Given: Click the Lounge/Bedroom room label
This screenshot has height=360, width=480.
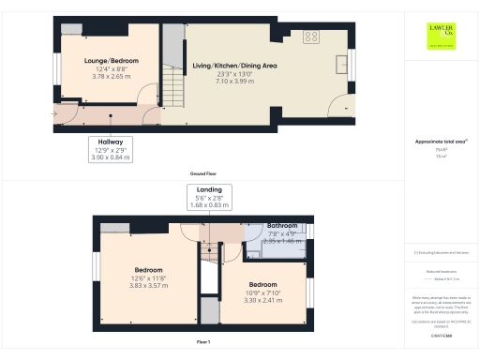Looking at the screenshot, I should pyautogui.click(x=112, y=61).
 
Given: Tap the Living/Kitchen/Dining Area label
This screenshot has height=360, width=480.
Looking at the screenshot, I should pyautogui.click(x=234, y=66).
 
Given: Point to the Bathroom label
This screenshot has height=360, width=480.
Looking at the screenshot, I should pyautogui.click(x=281, y=226).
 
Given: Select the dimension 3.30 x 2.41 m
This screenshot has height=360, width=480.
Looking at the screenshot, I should pyautogui.click(x=262, y=300).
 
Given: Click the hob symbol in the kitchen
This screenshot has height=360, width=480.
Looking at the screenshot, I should pyautogui.click(x=311, y=37).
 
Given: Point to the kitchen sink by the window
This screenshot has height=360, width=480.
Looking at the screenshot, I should pyautogui.click(x=341, y=67).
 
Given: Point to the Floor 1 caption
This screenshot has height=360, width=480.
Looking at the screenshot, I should pyautogui.click(x=203, y=343).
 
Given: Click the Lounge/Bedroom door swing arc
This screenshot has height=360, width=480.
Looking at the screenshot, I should pyautogui.click(x=147, y=94).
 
